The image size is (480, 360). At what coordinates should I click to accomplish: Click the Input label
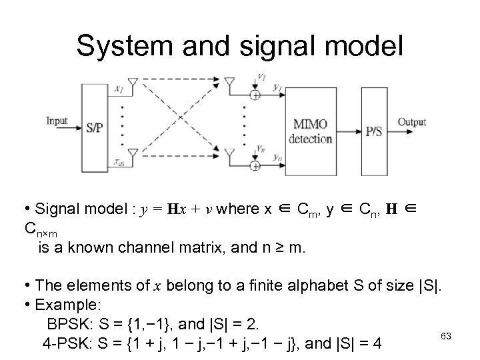[x=58, y=121]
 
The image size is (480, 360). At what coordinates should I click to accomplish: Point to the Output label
[x=412, y=122]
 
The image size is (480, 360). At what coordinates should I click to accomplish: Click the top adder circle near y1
[x=255, y=95]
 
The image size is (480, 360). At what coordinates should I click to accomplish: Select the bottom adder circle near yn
[x=255, y=165]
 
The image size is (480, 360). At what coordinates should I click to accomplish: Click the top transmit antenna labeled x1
[x=132, y=84]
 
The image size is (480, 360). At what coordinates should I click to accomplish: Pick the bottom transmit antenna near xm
[x=132, y=154]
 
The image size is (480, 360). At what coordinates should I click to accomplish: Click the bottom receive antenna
[x=230, y=154]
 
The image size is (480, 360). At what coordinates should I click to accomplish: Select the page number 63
[x=446, y=337]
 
